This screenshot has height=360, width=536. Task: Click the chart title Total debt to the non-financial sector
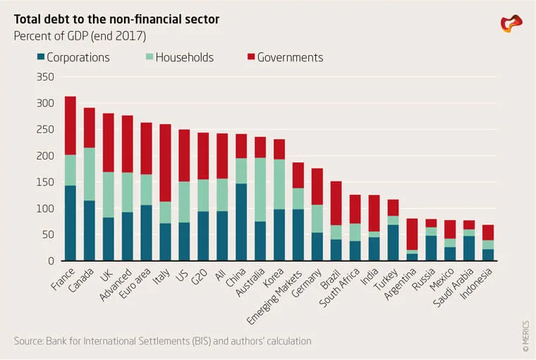pos(116,19)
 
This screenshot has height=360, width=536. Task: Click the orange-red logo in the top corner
pos(511,23)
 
